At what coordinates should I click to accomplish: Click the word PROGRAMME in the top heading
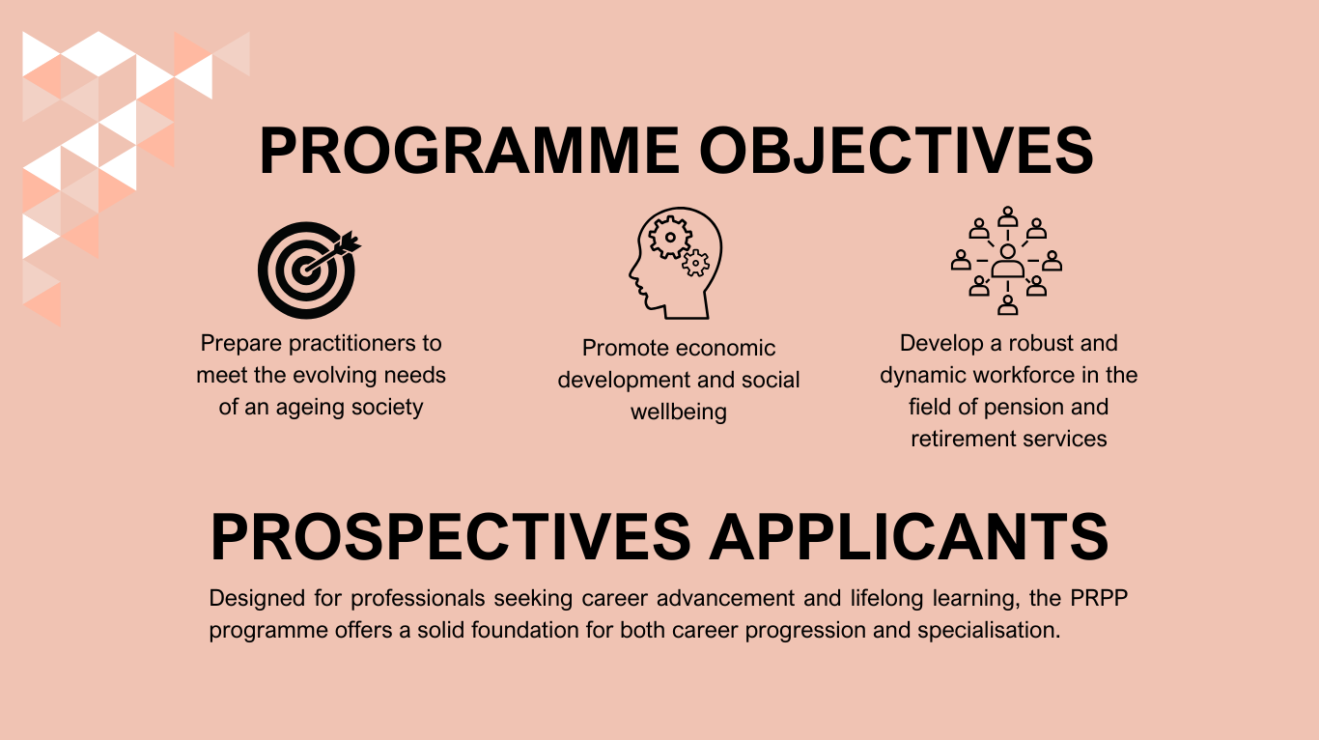click(x=469, y=151)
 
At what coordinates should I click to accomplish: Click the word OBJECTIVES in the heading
click(x=896, y=151)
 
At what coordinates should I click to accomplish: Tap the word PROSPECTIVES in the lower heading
click(x=451, y=537)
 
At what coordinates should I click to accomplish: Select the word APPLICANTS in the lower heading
click(x=909, y=537)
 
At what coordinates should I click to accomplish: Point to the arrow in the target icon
click(x=333, y=252)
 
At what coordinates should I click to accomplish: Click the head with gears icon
click(x=675, y=263)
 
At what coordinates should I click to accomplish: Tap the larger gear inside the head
click(x=670, y=238)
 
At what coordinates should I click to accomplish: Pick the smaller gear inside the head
click(x=696, y=263)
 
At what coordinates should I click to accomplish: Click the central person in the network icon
click(x=1007, y=261)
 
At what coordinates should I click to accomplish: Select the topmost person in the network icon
click(x=1007, y=216)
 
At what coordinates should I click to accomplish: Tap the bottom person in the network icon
click(x=1007, y=304)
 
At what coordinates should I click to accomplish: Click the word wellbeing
click(x=679, y=412)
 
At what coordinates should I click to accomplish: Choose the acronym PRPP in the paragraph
click(x=1099, y=598)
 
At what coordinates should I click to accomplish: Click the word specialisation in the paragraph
click(x=989, y=631)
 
